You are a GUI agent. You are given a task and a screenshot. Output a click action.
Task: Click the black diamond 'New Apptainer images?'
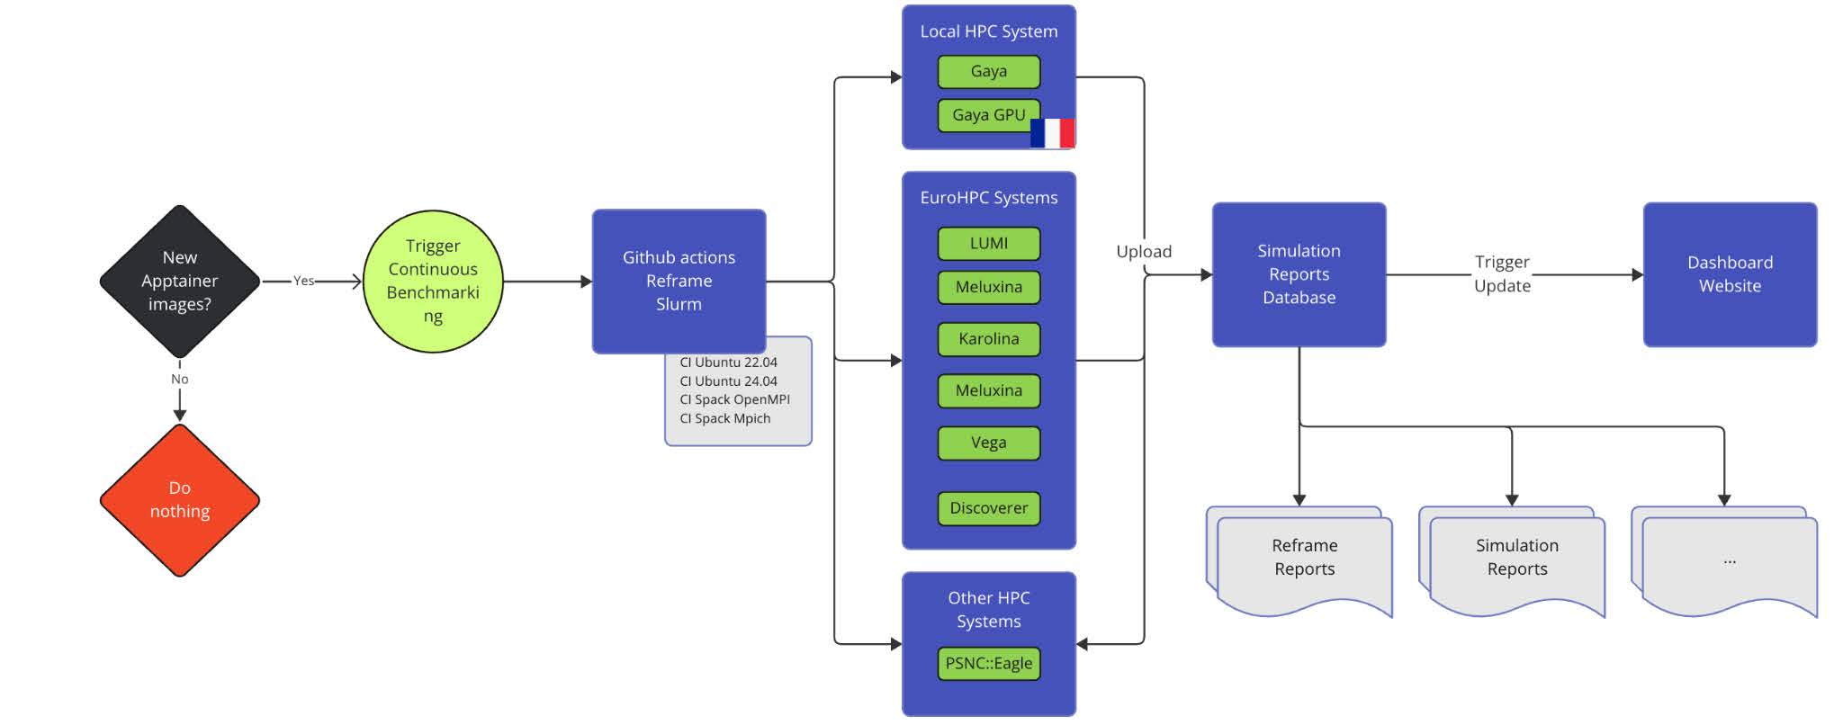click(x=179, y=281)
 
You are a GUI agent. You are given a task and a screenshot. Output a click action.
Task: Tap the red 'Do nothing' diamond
click(x=179, y=499)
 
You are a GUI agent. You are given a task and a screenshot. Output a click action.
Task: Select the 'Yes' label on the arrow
click(x=303, y=281)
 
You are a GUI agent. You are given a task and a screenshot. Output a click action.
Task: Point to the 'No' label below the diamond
click(x=179, y=379)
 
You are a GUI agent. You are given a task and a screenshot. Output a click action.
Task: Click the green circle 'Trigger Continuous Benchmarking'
click(x=433, y=281)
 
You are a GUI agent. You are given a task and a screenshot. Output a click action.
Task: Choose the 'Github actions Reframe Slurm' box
click(x=679, y=281)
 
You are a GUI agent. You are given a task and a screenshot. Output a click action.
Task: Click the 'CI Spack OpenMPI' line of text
click(x=734, y=399)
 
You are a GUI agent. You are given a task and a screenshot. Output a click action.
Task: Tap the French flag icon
click(x=1053, y=133)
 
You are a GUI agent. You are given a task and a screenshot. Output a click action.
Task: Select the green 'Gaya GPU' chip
click(x=987, y=115)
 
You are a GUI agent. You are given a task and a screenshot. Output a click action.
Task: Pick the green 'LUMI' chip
click(x=988, y=243)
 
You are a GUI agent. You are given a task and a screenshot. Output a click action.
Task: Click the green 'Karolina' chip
click(x=988, y=339)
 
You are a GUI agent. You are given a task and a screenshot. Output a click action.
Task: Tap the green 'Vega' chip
click(x=988, y=443)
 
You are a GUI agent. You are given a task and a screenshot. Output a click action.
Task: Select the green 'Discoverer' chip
click(x=988, y=508)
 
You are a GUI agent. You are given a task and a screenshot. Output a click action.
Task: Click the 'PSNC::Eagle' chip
click(x=988, y=664)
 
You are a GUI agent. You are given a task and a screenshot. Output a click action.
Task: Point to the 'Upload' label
click(x=1143, y=252)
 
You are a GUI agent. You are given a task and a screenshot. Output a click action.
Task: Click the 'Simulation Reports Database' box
click(x=1299, y=274)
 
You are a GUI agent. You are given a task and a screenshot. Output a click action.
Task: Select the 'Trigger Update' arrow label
click(x=1502, y=273)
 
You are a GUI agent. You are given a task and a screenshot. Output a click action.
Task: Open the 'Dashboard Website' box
click(x=1729, y=274)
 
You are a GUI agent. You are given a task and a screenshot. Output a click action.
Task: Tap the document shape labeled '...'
click(x=1728, y=561)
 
